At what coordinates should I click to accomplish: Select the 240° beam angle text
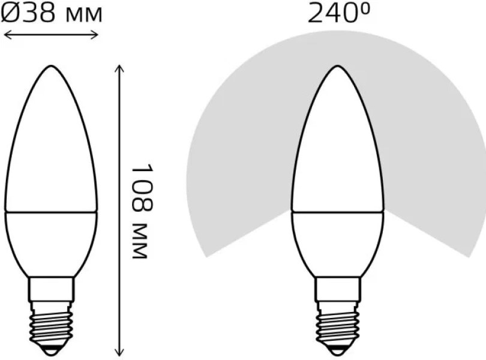[338, 13]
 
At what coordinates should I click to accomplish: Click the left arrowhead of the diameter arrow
[7, 35]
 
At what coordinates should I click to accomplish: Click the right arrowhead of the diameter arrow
[95, 35]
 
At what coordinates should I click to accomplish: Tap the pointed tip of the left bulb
[51, 66]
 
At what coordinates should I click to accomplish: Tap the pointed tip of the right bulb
[337, 66]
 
